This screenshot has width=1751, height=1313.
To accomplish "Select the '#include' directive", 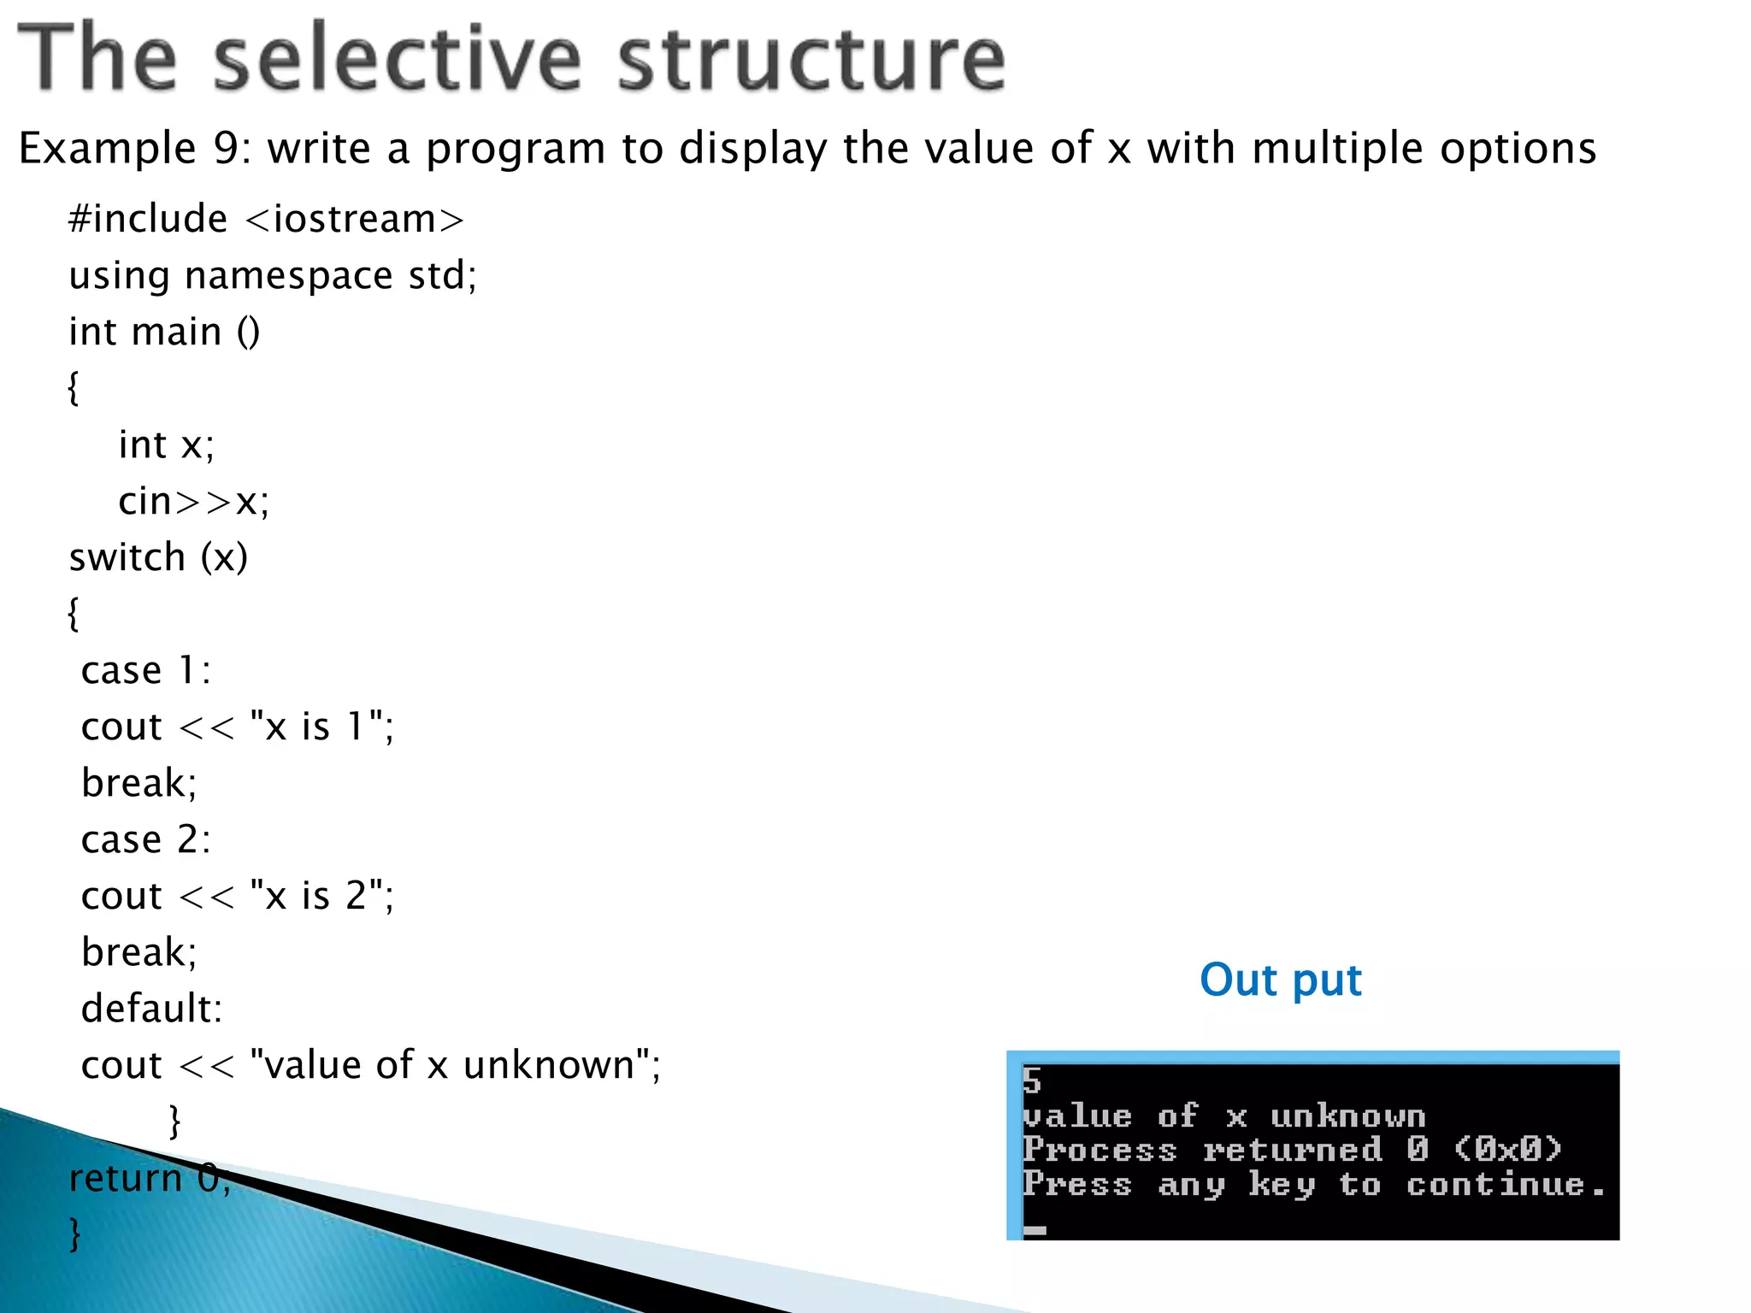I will [148, 219].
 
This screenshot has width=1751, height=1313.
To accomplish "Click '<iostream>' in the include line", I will [355, 220].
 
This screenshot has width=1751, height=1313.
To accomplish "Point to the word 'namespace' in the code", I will [288, 276].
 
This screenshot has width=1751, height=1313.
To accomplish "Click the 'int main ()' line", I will [164, 332].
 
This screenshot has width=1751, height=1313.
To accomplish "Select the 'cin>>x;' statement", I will [193, 501].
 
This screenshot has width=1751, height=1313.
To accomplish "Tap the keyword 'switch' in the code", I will [127, 557].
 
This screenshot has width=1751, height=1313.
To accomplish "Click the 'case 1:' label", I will [145, 670].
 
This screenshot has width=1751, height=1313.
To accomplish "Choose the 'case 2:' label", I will [145, 839].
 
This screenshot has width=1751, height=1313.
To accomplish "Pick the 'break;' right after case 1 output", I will [139, 783].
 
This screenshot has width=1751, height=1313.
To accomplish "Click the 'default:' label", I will [151, 1009].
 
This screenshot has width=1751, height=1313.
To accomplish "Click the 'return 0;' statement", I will [149, 1178].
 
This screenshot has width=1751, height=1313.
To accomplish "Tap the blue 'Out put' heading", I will [1280, 980].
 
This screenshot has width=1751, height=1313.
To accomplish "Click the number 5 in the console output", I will [1032, 1081].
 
